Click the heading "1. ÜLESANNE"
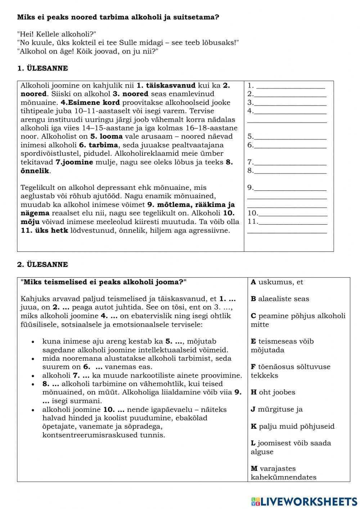(x=42, y=68)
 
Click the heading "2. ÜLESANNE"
(x=42, y=265)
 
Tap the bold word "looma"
(x=111, y=137)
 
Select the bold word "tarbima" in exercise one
(x=103, y=145)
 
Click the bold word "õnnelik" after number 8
(x=35, y=171)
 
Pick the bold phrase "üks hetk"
(x=51, y=231)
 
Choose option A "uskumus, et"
(x=277, y=282)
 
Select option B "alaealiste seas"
(x=280, y=299)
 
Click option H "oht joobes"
(x=273, y=392)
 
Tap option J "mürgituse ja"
(x=276, y=409)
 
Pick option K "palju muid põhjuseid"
(x=292, y=427)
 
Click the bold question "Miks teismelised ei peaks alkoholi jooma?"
(x=104, y=282)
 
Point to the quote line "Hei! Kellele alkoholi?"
(x=57, y=34)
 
